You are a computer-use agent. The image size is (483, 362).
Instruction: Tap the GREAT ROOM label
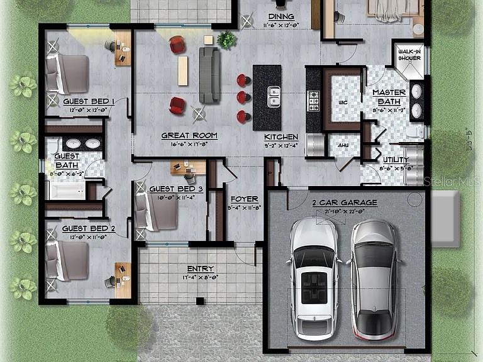(x=189, y=135)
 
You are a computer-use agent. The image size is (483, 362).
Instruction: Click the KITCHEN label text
(x=280, y=137)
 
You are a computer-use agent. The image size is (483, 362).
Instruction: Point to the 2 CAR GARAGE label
(x=345, y=202)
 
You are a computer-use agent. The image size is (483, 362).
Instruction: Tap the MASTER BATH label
(x=389, y=97)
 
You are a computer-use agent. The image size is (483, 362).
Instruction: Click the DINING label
(x=280, y=16)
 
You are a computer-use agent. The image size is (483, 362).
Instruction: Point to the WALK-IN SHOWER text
(x=409, y=56)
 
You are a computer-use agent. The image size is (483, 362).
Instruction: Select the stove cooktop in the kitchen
(x=313, y=101)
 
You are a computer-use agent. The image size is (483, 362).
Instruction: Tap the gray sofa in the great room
(x=209, y=75)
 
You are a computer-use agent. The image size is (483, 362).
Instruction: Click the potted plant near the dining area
(x=226, y=40)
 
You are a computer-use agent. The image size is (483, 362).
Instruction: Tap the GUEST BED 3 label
(x=175, y=189)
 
